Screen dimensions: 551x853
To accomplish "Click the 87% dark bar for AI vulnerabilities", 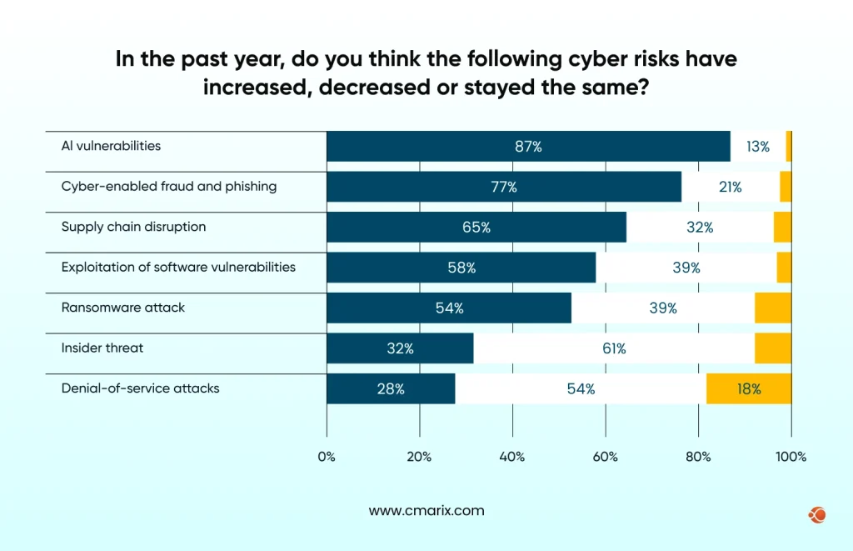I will tap(528, 147).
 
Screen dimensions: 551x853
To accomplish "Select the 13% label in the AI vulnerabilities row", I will tap(757, 147).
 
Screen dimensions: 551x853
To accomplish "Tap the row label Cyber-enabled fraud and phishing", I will tap(169, 186).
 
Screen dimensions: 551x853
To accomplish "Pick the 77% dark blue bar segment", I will tap(503, 187).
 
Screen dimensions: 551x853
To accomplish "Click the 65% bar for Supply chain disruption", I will tap(476, 227).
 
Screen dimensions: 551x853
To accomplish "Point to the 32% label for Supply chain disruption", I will tap(701, 227).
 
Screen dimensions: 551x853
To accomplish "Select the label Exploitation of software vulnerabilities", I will tap(178, 268).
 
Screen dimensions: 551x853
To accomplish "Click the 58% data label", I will tap(461, 268).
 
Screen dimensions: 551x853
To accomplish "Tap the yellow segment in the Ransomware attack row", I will tap(772, 308).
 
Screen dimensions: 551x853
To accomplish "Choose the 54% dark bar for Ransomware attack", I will tap(449, 308).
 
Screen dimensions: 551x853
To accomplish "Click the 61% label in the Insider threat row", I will tap(614, 348).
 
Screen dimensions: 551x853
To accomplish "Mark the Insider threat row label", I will tap(102, 348).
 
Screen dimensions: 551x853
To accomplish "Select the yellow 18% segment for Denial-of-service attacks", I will tap(748, 388).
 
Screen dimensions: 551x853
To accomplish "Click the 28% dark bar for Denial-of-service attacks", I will tap(391, 388).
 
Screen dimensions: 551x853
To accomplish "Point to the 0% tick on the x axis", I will tap(327, 457).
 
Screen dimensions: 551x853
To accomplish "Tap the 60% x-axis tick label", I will tap(605, 457).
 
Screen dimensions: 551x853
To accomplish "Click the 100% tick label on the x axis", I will tap(791, 457).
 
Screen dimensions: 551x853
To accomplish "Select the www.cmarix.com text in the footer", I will tap(426, 511).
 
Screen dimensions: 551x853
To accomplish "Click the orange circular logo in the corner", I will tap(816, 515).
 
